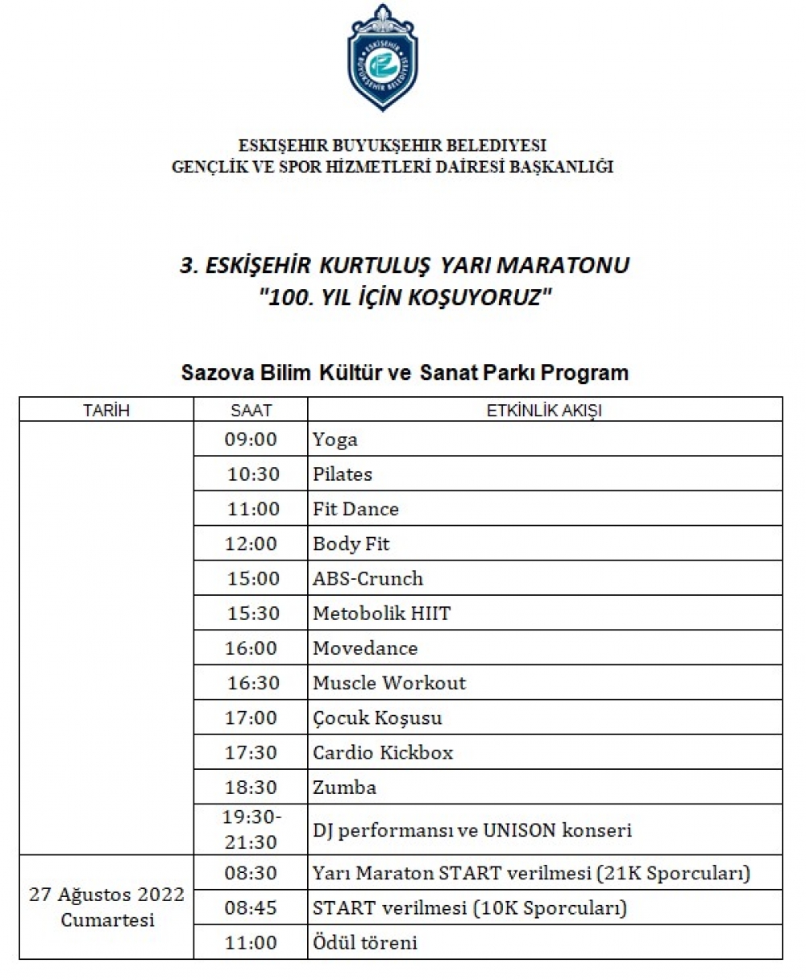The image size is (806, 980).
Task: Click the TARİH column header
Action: click(x=106, y=410)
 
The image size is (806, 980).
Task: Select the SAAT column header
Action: click(x=251, y=410)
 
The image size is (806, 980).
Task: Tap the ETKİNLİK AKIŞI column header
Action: click(x=544, y=410)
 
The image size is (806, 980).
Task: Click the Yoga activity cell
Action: click(x=335, y=440)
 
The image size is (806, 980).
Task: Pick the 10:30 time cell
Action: click(x=253, y=474)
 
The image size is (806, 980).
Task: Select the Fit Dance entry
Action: click(x=355, y=509)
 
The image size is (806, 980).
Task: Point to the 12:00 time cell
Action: click(x=251, y=544)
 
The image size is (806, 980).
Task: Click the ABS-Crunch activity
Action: click(x=368, y=578)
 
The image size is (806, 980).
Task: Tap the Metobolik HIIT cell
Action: click(x=381, y=614)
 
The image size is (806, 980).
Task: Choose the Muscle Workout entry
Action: click(x=389, y=683)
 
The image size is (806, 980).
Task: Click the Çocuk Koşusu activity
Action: click(x=377, y=717)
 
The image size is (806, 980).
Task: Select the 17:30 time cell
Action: click(x=251, y=752)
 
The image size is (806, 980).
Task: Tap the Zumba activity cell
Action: click(x=344, y=787)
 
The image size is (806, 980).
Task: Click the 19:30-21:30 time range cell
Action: click(x=252, y=829)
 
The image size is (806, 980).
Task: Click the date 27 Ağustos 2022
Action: click(x=107, y=895)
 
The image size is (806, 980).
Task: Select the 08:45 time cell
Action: click(x=251, y=908)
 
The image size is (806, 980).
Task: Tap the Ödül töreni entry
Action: click(x=365, y=942)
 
